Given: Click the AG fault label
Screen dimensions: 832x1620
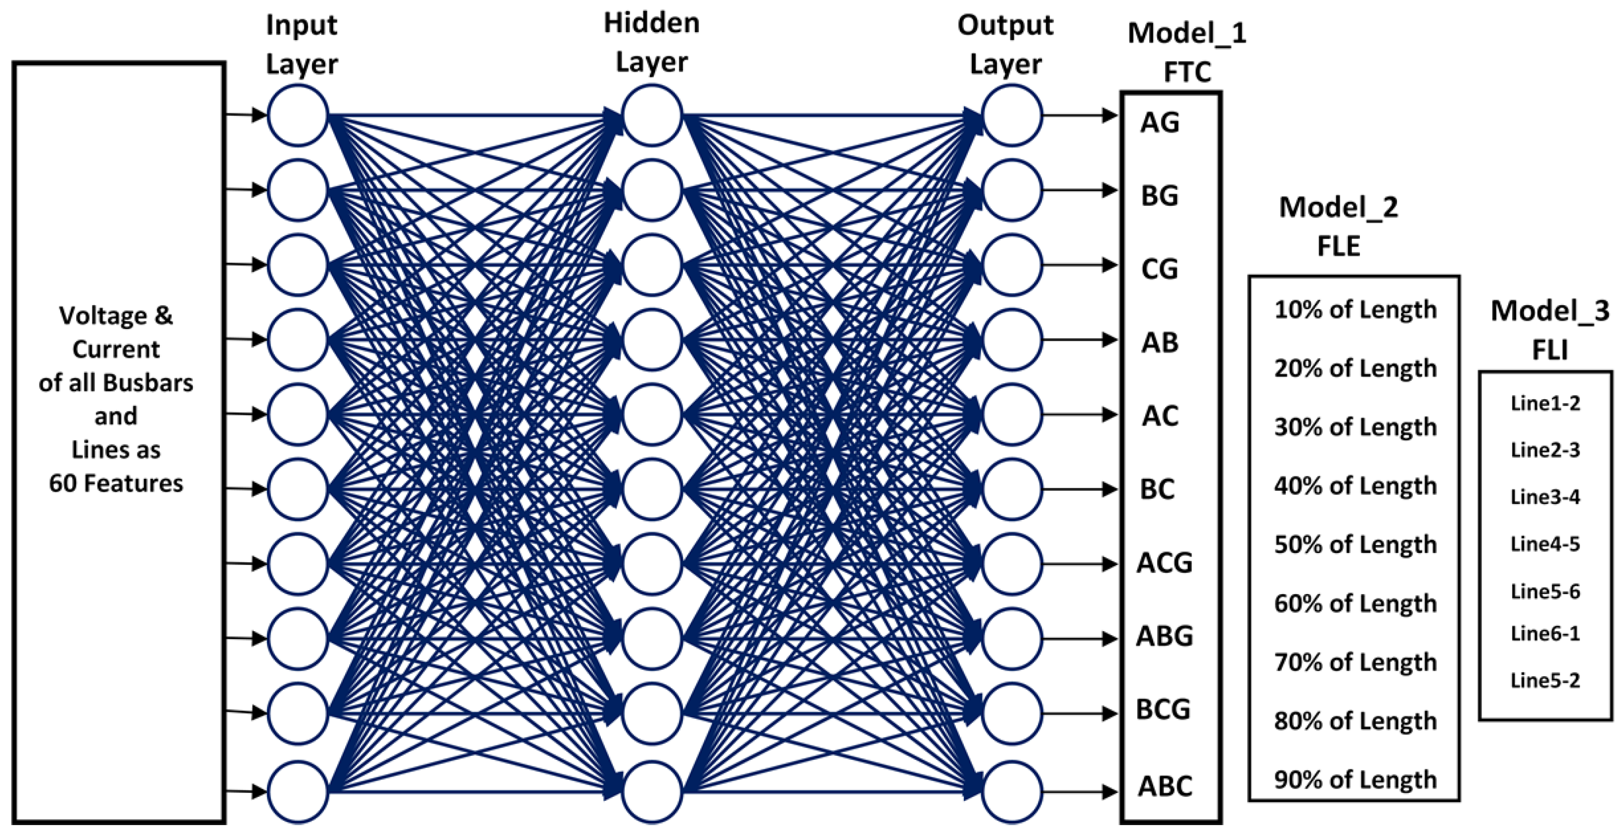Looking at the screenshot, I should tap(1160, 122).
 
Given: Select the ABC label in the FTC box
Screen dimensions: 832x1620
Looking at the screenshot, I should tap(1165, 786).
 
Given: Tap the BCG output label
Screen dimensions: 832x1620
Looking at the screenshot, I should tap(1163, 709).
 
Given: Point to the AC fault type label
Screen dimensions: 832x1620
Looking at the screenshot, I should tap(1160, 416).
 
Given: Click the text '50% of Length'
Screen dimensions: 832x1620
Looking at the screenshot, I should tap(1355, 545).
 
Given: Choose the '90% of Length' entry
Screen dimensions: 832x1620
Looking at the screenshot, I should tap(1355, 780).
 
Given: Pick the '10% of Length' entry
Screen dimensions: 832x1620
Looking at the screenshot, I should tap(1355, 310).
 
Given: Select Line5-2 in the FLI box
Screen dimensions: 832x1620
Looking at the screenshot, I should tap(1545, 680).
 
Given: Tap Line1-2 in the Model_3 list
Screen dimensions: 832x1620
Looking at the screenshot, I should tap(1545, 403).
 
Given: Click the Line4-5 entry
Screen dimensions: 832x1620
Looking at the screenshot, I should tap(1545, 544).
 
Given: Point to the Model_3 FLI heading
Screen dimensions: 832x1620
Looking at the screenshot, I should tap(1550, 330).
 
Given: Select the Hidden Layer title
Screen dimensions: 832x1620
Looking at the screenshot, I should tap(652, 42).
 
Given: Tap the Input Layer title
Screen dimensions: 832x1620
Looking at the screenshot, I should tap(301, 44).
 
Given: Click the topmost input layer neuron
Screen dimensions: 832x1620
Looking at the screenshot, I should tap(298, 116).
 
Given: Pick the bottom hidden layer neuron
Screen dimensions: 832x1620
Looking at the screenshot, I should tap(652, 792).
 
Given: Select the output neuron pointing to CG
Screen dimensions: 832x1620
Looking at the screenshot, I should tap(1011, 265).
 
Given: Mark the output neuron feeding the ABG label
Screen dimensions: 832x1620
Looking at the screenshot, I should tap(1011, 638).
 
